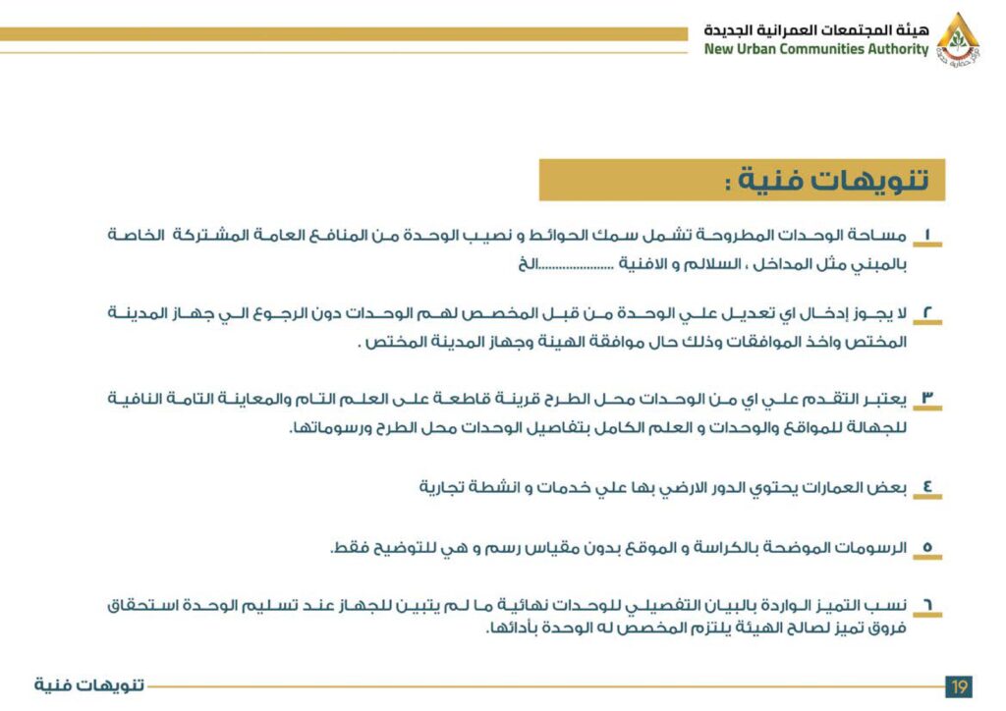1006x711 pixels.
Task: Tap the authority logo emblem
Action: pyautogui.click(x=957, y=37)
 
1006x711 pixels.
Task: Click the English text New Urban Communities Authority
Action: pyautogui.click(x=815, y=50)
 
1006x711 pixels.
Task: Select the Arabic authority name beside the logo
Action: pyautogui.click(x=815, y=29)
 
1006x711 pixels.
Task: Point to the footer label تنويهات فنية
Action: pyautogui.click(x=89, y=684)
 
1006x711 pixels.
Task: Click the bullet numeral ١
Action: pyautogui.click(x=927, y=236)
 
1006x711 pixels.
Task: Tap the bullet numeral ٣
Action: pyautogui.click(x=927, y=399)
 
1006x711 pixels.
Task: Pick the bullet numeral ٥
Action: pyautogui.click(x=927, y=548)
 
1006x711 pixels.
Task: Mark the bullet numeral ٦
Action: pyautogui.click(x=927, y=606)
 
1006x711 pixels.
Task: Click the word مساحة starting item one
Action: pyautogui.click(x=879, y=236)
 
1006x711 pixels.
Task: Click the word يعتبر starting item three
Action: pyautogui.click(x=885, y=399)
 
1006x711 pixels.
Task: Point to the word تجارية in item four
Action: pyautogui.click(x=441, y=487)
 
